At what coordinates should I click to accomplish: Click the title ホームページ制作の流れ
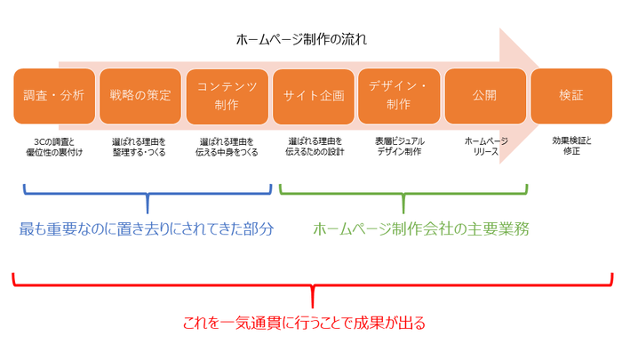click(x=301, y=40)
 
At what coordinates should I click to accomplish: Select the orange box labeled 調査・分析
click(x=54, y=95)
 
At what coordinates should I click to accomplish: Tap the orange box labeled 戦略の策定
click(x=140, y=95)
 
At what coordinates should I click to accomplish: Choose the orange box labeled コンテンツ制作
click(x=227, y=95)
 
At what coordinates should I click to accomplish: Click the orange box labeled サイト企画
click(x=313, y=95)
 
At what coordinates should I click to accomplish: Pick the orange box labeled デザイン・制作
click(x=399, y=95)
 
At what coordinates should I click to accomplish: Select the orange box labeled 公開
click(x=485, y=95)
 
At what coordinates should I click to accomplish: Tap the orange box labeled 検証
click(x=571, y=95)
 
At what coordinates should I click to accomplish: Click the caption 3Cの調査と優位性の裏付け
click(x=54, y=147)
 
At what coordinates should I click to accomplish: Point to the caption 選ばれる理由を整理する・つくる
click(x=140, y=147)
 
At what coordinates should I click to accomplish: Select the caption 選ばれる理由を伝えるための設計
click(x=315, y=147)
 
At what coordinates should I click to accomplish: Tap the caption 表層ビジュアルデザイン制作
click(x=399, y=147)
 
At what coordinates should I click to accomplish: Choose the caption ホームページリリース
click(x=485, y=147)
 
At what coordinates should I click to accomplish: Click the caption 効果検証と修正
click(x=571, y=147)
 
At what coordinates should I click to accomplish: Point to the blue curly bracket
click(x=147, y=192)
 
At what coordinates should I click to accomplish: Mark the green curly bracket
click(x=403, y=192)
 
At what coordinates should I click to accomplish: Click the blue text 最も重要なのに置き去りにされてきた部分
click(x=147, y=228)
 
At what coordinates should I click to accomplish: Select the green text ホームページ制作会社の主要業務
click(x=421, y=228)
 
